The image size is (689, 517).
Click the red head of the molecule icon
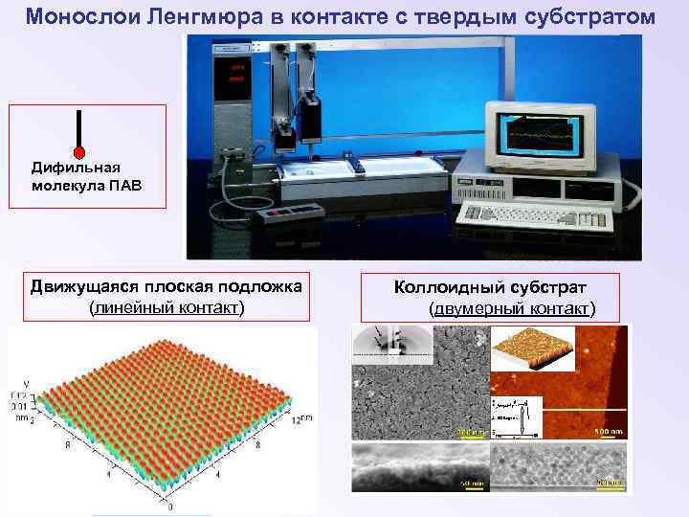[79, 152]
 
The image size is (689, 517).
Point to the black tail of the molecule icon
[79, 128]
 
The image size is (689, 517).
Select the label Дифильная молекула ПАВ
[86, 176]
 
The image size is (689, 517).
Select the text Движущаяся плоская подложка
[165, 286]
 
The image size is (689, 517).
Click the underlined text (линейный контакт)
[166, 307]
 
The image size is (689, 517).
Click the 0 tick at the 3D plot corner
[170, 502]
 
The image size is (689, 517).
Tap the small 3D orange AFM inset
[533, 350]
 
